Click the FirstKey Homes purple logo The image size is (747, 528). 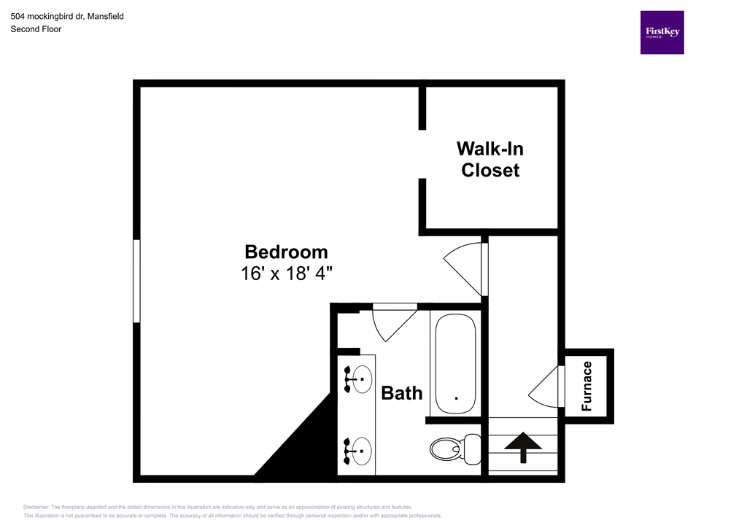[x=662, y=32]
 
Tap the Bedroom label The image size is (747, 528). [x=286, y=252]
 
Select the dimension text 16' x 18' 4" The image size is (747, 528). [x=286, y=273]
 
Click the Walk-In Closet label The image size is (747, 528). [x=489, y=159]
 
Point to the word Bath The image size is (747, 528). [x=402, y=393]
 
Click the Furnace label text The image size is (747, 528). [x=587, y=387]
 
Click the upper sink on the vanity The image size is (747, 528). [x=360, y=378]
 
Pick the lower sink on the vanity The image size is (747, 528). [x=360, y=451]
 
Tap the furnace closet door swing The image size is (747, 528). [x=546, y=387]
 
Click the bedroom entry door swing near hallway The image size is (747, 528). [x=464, y=269]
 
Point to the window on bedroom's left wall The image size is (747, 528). [x=136, y=281]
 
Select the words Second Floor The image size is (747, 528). [x=36, y=29]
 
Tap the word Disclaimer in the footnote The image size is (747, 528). [x=36, y=507]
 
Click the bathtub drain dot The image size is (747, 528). [x=456, y=398]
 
